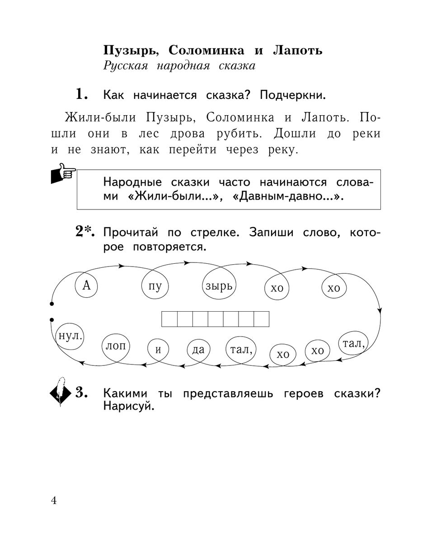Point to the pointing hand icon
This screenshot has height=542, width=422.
pos(62,174)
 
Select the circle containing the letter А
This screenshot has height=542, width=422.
pos(86,285)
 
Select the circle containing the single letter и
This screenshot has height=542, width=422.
pos(158,349)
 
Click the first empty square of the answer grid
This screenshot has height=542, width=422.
pos(169,318)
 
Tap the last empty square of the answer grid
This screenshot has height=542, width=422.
pos(262,318)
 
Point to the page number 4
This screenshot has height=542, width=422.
pos(54,501)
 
